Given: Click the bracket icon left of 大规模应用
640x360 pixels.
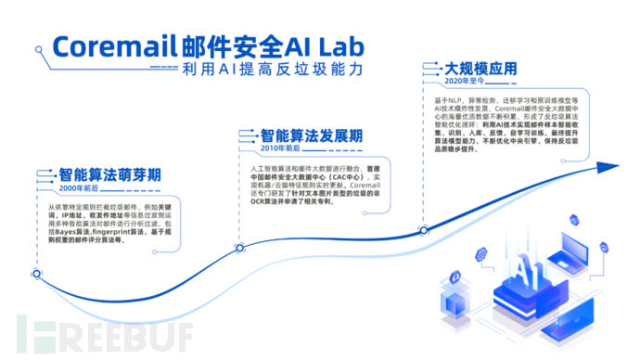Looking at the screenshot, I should (x=429, y=69).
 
